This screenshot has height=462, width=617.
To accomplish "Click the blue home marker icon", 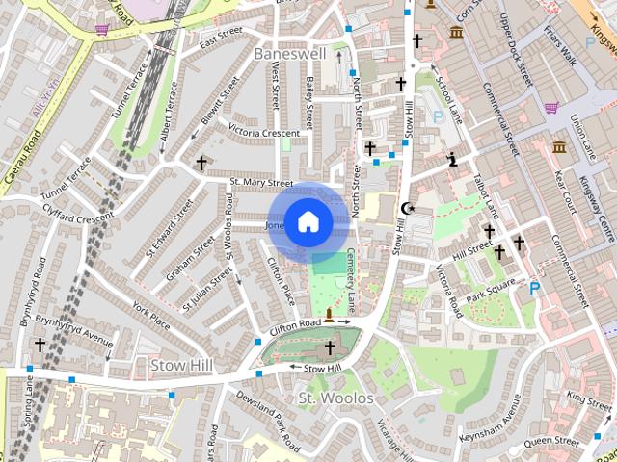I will pyautogui.click(x=308, y=222).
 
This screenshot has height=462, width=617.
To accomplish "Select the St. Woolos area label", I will pyautogui.click(x=335, y=398).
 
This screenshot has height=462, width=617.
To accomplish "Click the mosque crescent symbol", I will pyautogui.click(x=408, y=208).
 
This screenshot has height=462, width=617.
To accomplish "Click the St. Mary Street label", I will pyautogui.click(x=260, y=182).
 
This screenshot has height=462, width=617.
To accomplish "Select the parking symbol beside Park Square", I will pyautogui.click(x=535, y=287).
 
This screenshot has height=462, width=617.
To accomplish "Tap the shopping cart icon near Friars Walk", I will pyautogui.click(x=551, y=108).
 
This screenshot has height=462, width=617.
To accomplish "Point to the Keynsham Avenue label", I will pyautogui.click(x=492, y=421).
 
